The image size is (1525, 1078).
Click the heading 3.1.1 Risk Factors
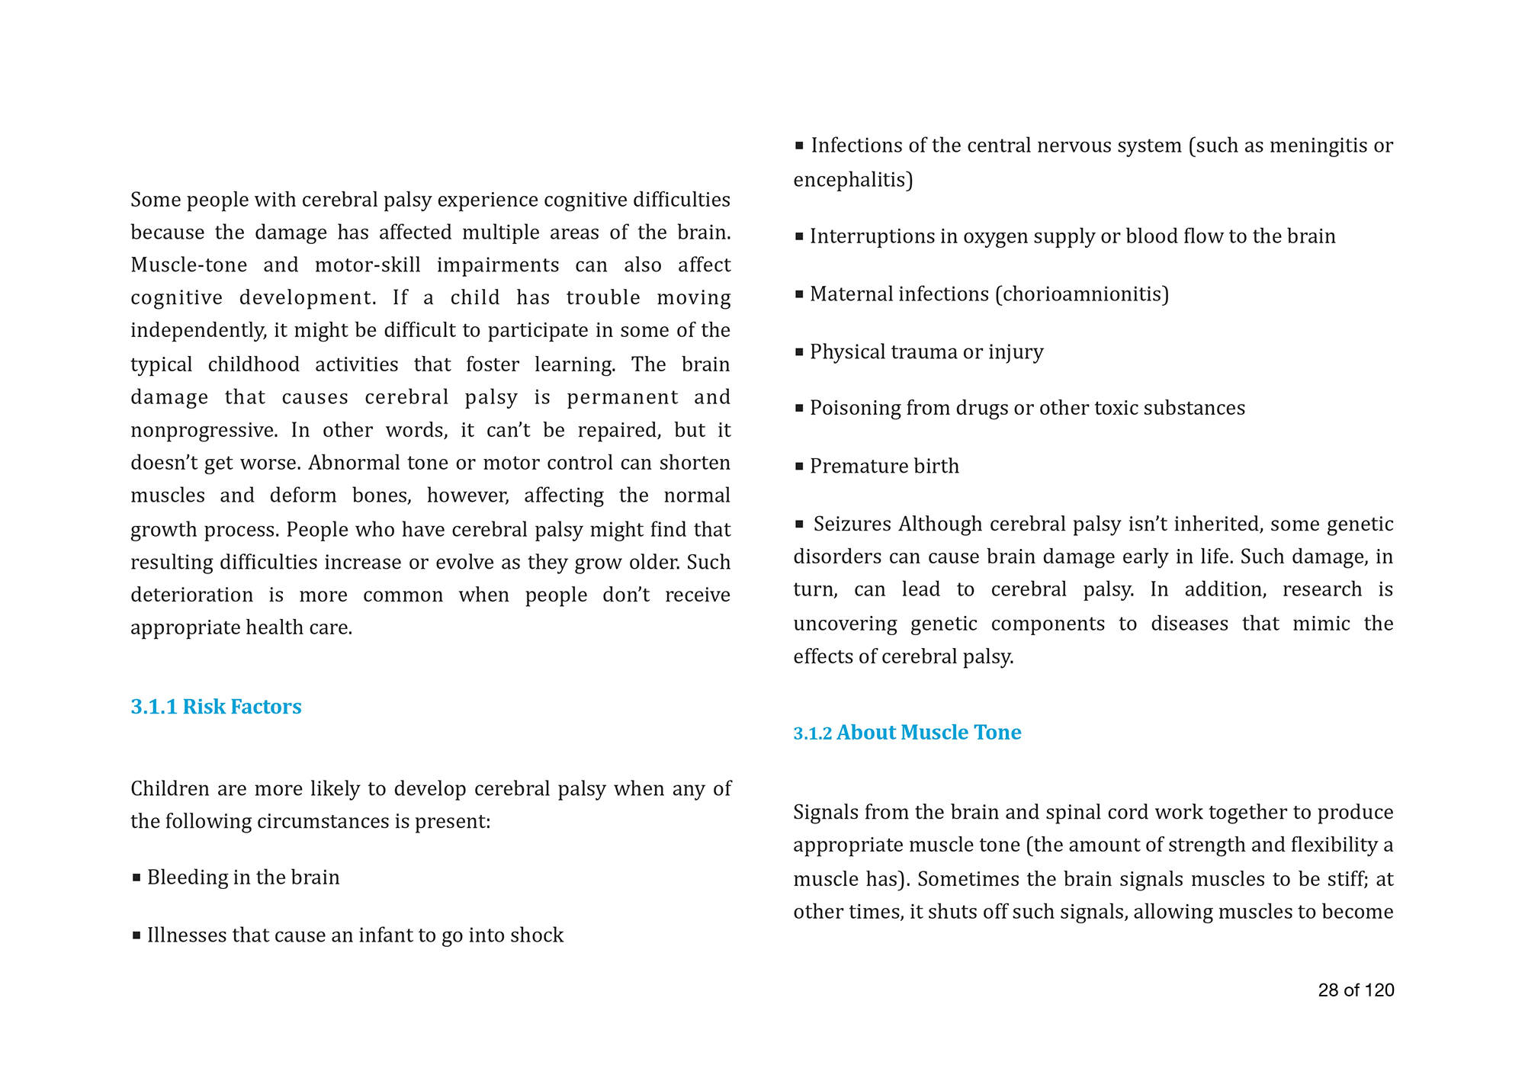216,707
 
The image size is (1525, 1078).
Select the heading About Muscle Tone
929,733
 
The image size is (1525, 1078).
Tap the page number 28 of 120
1356,990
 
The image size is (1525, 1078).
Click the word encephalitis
850,180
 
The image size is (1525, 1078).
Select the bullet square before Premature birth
799,466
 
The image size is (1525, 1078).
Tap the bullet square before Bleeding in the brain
136,877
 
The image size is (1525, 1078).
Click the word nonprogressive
202,430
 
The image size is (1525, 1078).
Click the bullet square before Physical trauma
799,351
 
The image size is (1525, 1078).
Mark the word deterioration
191,595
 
